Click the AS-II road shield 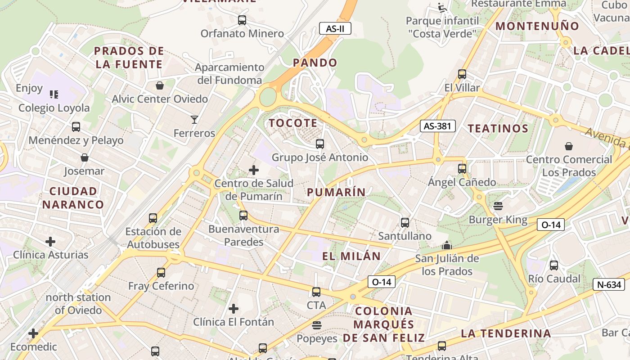(x=335, y=29)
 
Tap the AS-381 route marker (x=437, y=126)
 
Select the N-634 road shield (x=609, y=284)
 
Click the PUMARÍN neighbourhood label (x=336, y=192)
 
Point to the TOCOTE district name (x=293, y=123)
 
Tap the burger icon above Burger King (x=498, y=206)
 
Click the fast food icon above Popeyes (x=317, y=325)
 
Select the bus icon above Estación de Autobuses (x=153, y=218)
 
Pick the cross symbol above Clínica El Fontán (x=233, y=309)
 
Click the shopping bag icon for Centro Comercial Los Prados (x=569, y=146)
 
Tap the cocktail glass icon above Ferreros (x=194, y=120)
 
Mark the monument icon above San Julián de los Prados (x=446, y=245)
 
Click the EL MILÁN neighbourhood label (x=351, y=256)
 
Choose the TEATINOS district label (x=498, y=129)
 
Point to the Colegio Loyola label (x=54, y=108)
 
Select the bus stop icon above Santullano (x=405, y=222)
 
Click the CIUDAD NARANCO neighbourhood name (x=73, y=198)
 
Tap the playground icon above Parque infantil (x=442, y=8)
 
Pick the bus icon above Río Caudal (x=553, y=265)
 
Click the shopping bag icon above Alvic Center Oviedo (x=159, y=85)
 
